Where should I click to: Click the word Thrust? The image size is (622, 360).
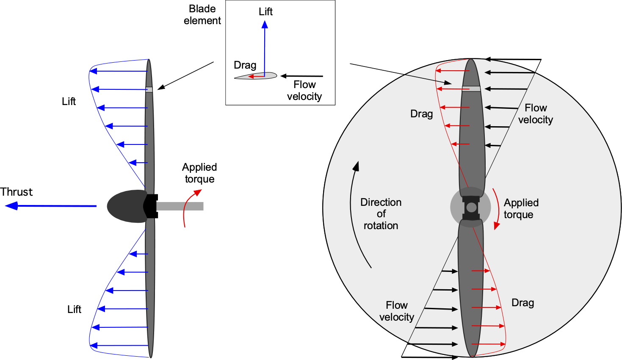point(17,192)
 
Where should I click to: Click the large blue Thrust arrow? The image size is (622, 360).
point(51,206)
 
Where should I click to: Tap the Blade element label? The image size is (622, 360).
point(202,15)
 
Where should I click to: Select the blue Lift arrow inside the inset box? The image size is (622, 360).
point(265,49)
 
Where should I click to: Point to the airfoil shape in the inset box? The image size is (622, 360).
point(255,76)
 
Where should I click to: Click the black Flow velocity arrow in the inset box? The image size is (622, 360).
point(302,76)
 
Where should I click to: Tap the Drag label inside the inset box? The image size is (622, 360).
point(245,65)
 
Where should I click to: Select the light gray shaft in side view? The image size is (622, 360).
point(180,206)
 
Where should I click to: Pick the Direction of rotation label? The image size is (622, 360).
point(381,214)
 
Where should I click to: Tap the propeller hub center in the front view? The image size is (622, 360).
point(471,207)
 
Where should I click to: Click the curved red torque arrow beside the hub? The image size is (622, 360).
point(499,208)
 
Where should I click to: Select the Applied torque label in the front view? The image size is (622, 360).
point(521,209)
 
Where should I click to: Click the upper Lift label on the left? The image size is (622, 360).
point(69,101)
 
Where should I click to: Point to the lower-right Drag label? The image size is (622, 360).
point(522,303)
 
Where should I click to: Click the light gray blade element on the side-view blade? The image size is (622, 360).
point(149,89)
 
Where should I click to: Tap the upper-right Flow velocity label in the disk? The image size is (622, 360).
point(536,114)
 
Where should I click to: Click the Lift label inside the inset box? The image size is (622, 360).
point(265,12)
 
